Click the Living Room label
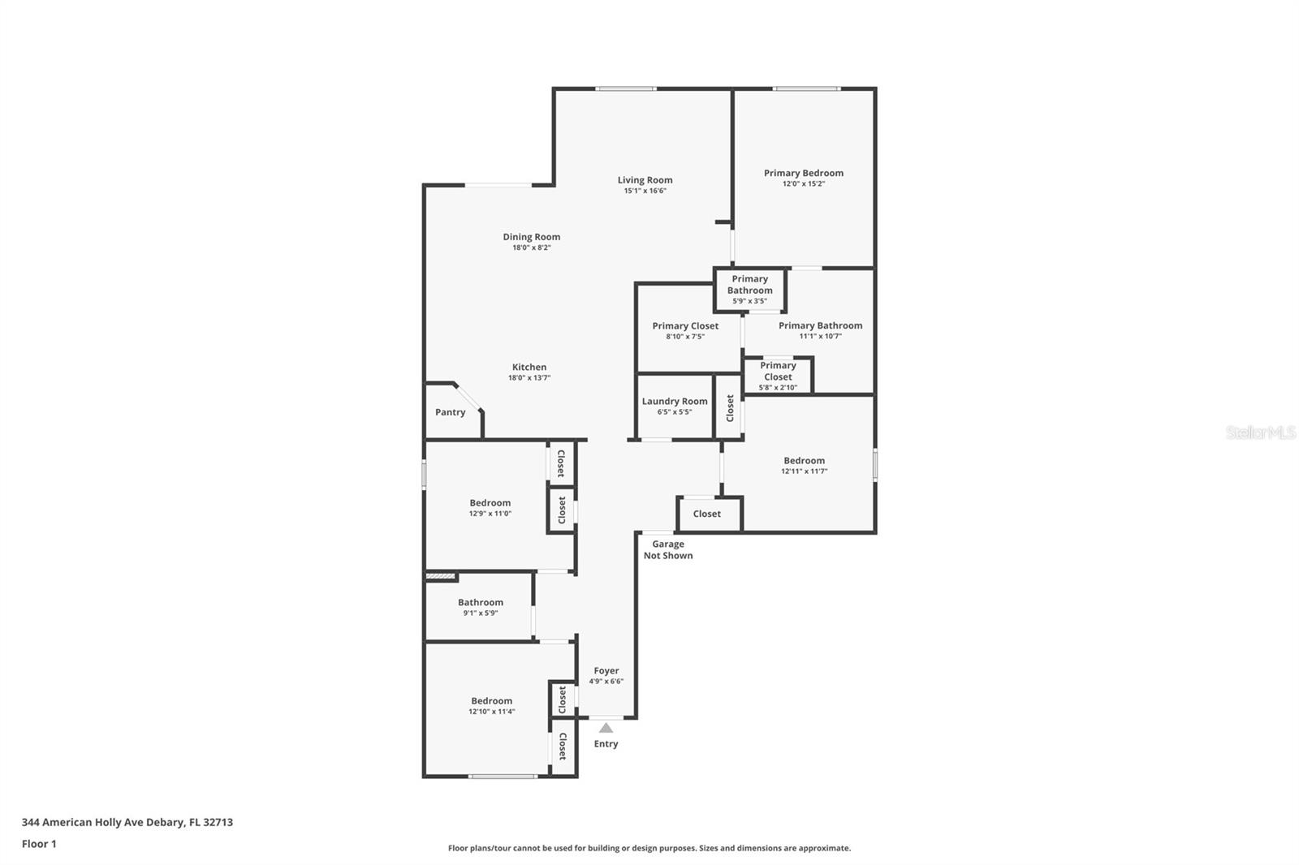pyautogui.click(x=645, y=180)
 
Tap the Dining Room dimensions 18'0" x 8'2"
pyautogui.click(x=531, y=247)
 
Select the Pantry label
pyautogui.click(x=450, y=412)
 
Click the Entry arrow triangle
pyautogui.click(x=606, y=728)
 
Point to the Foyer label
pyautogui.click(x=606, y=670)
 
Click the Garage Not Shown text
pyautogui.click(x=668, y=550)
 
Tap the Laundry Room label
pyautogui.click(x=674, y=401)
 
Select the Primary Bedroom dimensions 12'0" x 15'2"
pyautogui.click(x=803, y=183)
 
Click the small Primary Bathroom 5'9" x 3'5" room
pyautogui.click(x=749, y=290)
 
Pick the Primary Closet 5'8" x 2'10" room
pyautogui.click(x=777, y=376)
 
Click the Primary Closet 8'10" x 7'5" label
pyautogui.click(x=685, y=326)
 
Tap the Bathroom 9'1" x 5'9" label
pyautogui.click(x=480, y=602)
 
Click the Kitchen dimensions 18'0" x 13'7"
pyautogui.click(x=529, y=377)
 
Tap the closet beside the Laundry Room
pyautogui.click(x=729, y=407)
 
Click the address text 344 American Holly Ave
pyautogui.click(x=127, y=822)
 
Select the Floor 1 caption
pyautogui.click(x=39, y=844)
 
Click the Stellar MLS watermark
pyautogui.click(x=1260, y=432)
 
